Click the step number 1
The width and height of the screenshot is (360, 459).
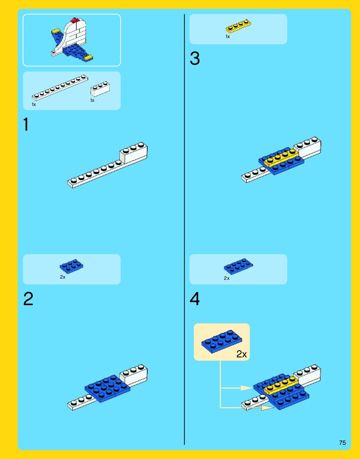point(26,124)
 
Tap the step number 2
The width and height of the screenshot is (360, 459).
point(28,299)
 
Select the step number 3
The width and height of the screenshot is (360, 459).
point(195,58)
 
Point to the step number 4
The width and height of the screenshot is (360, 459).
point(195,299)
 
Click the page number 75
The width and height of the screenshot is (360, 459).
point(342,443)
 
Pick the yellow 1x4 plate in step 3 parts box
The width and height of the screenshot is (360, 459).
point(238,26)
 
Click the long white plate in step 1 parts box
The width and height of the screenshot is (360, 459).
point(60,88)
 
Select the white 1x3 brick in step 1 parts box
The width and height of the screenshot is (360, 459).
point(100,89)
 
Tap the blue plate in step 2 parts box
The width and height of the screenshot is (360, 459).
point(71,266)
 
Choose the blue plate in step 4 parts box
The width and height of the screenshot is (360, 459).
point(238,266)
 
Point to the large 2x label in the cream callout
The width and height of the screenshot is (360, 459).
point(241,354)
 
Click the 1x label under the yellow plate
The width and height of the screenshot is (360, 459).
point(227,37)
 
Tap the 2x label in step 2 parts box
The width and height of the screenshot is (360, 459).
point(63,277)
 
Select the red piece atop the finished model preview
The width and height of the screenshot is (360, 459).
point(75,20)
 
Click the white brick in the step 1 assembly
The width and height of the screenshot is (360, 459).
point(134,153)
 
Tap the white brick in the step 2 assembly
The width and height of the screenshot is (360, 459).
point(134,375)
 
